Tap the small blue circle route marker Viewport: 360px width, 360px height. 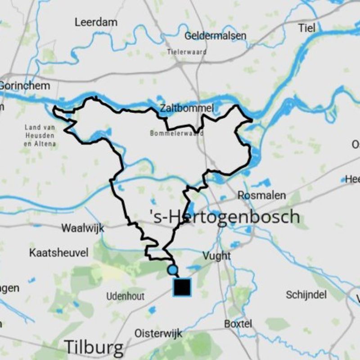[172, 270]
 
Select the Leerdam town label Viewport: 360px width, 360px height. [96, 22]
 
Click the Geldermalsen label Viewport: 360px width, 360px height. [216, 36]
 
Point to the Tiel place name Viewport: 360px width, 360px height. [306, 28]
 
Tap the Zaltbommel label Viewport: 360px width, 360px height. [187, 108]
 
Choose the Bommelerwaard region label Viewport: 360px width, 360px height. [177, 134]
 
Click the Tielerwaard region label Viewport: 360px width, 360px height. [187, 52]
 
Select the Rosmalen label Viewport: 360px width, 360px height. [261, 195]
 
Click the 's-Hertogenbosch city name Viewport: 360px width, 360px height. [224, 216]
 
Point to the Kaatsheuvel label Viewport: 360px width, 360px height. [58, 252]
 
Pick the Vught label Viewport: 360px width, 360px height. [216, 256]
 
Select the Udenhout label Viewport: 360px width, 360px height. [126, 296]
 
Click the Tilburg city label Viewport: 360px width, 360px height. [94, 347]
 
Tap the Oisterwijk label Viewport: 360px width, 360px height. [158, 333]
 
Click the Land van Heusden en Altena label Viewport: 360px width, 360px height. [40, 135]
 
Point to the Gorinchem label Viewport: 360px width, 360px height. [25, 86]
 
